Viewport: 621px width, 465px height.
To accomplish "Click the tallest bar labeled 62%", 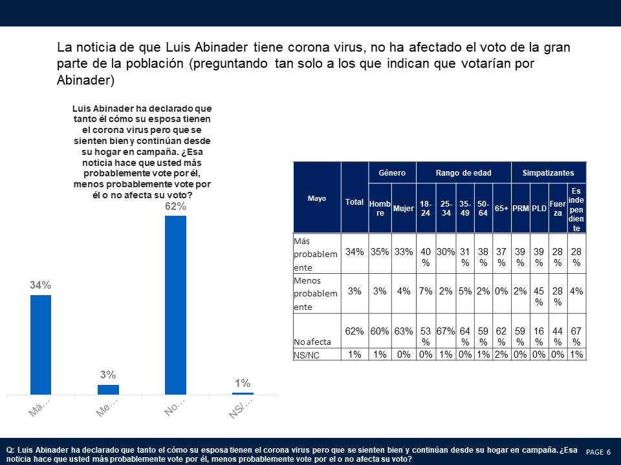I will [175, 304].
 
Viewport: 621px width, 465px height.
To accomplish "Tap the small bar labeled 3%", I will [108, 389].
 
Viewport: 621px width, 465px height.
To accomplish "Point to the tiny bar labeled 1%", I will [243, 393].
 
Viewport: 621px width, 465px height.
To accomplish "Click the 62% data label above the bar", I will [175, 207].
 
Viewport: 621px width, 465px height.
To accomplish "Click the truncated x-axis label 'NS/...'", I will [241, 408].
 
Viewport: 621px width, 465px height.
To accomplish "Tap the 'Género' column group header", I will [392, 173].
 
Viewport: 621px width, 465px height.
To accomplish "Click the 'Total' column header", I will [354, 202].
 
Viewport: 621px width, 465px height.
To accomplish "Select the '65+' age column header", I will [501, 209].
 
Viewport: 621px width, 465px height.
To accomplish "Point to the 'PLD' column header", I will [539, 209].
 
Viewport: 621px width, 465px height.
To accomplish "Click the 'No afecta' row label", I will [312, 341].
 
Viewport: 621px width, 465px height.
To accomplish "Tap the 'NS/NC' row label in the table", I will [307, 355].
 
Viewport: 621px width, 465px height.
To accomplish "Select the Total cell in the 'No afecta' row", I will [354, 331].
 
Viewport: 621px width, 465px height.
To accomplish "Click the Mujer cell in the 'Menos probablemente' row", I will [404, 291].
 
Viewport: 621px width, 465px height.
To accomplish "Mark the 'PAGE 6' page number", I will [598, 451].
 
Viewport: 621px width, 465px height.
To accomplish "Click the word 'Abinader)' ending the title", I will [85, 81].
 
